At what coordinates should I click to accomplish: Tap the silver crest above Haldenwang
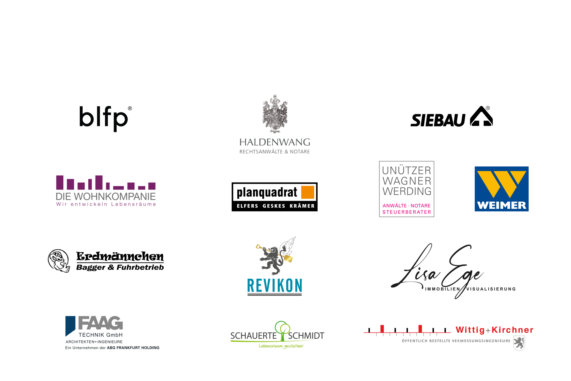click(275, 113)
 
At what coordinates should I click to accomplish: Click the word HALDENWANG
click(275, 142)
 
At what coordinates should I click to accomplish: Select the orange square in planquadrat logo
click(308, 192)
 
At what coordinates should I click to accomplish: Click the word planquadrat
click(267, 193)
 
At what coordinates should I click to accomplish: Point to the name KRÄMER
click(302, 206)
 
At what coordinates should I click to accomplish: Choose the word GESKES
click(274, 206)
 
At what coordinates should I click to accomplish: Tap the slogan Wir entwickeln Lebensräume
click(106, 204)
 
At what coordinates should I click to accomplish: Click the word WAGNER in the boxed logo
click(407, 181)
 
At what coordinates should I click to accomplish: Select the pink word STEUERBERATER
click(407, 212)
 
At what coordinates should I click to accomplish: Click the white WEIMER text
click(501, 205)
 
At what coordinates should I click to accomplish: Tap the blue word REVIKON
click(274, 285)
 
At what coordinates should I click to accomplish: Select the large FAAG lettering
click(101, 323)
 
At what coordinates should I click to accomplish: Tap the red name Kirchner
click(512, 330)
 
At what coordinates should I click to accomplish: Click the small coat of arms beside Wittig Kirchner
click(519, 343)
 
